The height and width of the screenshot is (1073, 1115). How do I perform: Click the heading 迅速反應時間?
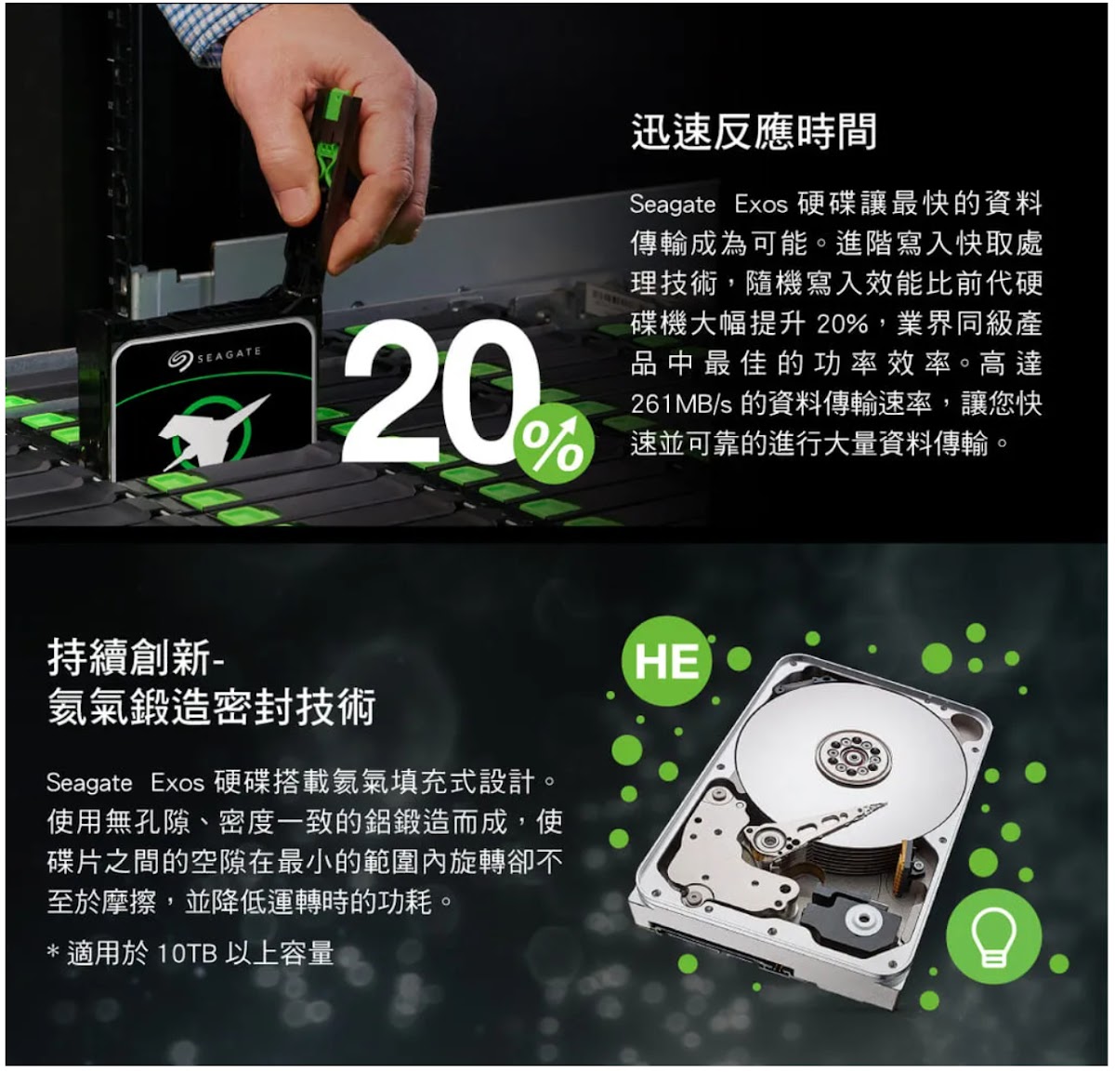pyautogui.click(x=754, y=131)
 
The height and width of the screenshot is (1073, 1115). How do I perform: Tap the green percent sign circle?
pyautogui.click(x=554, y=444)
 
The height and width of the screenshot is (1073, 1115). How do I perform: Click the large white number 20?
pyautogui.click(x=441, y=391)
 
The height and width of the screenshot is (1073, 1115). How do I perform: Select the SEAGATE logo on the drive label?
pyautogui.click(x=214, y=355)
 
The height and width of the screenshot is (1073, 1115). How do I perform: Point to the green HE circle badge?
pyautogui.click(x=666, y=661)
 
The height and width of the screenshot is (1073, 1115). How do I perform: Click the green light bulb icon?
pyautogui.click(x=993, y=936)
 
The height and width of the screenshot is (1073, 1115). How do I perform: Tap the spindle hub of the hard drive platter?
pyautogui.click(x=853, y=757)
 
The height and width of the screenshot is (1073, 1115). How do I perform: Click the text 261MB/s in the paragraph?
pyautogui.click(x=681, y=404)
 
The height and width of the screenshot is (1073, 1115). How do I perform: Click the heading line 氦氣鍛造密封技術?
pyautogui.click(x=212, y=706)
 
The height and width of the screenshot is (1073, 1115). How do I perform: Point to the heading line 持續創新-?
pyautogui.click(x=137, y=657)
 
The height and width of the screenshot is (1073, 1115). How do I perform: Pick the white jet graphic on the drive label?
pyautogui.click(x=213, y=430)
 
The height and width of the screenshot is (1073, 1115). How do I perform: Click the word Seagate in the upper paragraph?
pyautogui.click(x=673, y=205)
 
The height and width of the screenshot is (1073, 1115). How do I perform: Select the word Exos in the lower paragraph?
pyautogui.click(x=177, y=782)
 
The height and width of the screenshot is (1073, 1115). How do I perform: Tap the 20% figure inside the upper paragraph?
pyautogui.click(x=842, y=325)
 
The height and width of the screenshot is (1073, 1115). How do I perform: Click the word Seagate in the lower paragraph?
pyautogui.click(x=89, y=783)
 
